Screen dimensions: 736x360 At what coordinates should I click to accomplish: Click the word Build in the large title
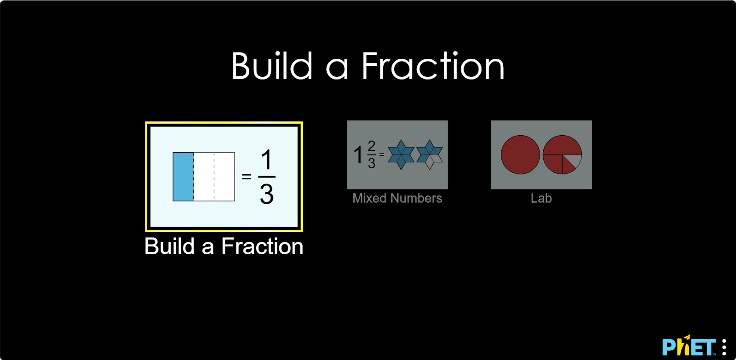point(272,66)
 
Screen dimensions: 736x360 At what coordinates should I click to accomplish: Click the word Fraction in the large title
point(433,66)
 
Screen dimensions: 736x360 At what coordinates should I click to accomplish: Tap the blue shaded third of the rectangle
point(183,177)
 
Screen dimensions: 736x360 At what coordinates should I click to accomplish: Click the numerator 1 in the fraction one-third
point(266,160)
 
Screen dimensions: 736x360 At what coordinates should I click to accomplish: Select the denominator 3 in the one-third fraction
point(266,194)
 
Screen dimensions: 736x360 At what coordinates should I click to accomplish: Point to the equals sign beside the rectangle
point(247,177)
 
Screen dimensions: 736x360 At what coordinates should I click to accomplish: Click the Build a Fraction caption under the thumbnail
point(224,246)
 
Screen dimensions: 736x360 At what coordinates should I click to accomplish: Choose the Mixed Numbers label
point(397,198)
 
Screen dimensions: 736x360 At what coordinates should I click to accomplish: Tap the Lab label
point(541,198)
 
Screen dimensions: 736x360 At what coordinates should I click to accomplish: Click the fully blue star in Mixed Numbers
point(401,154)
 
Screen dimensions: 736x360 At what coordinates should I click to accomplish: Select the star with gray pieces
point(430,154)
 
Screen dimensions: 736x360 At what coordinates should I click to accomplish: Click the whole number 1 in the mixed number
point(358,154)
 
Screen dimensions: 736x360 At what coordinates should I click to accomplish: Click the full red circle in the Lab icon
point(520,154)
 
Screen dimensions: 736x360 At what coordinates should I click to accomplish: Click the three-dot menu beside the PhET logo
point(724,347)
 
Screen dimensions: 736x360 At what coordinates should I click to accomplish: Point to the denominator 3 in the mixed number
point(372,163)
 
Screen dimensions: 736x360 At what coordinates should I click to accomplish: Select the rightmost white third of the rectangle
point(224,177)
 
